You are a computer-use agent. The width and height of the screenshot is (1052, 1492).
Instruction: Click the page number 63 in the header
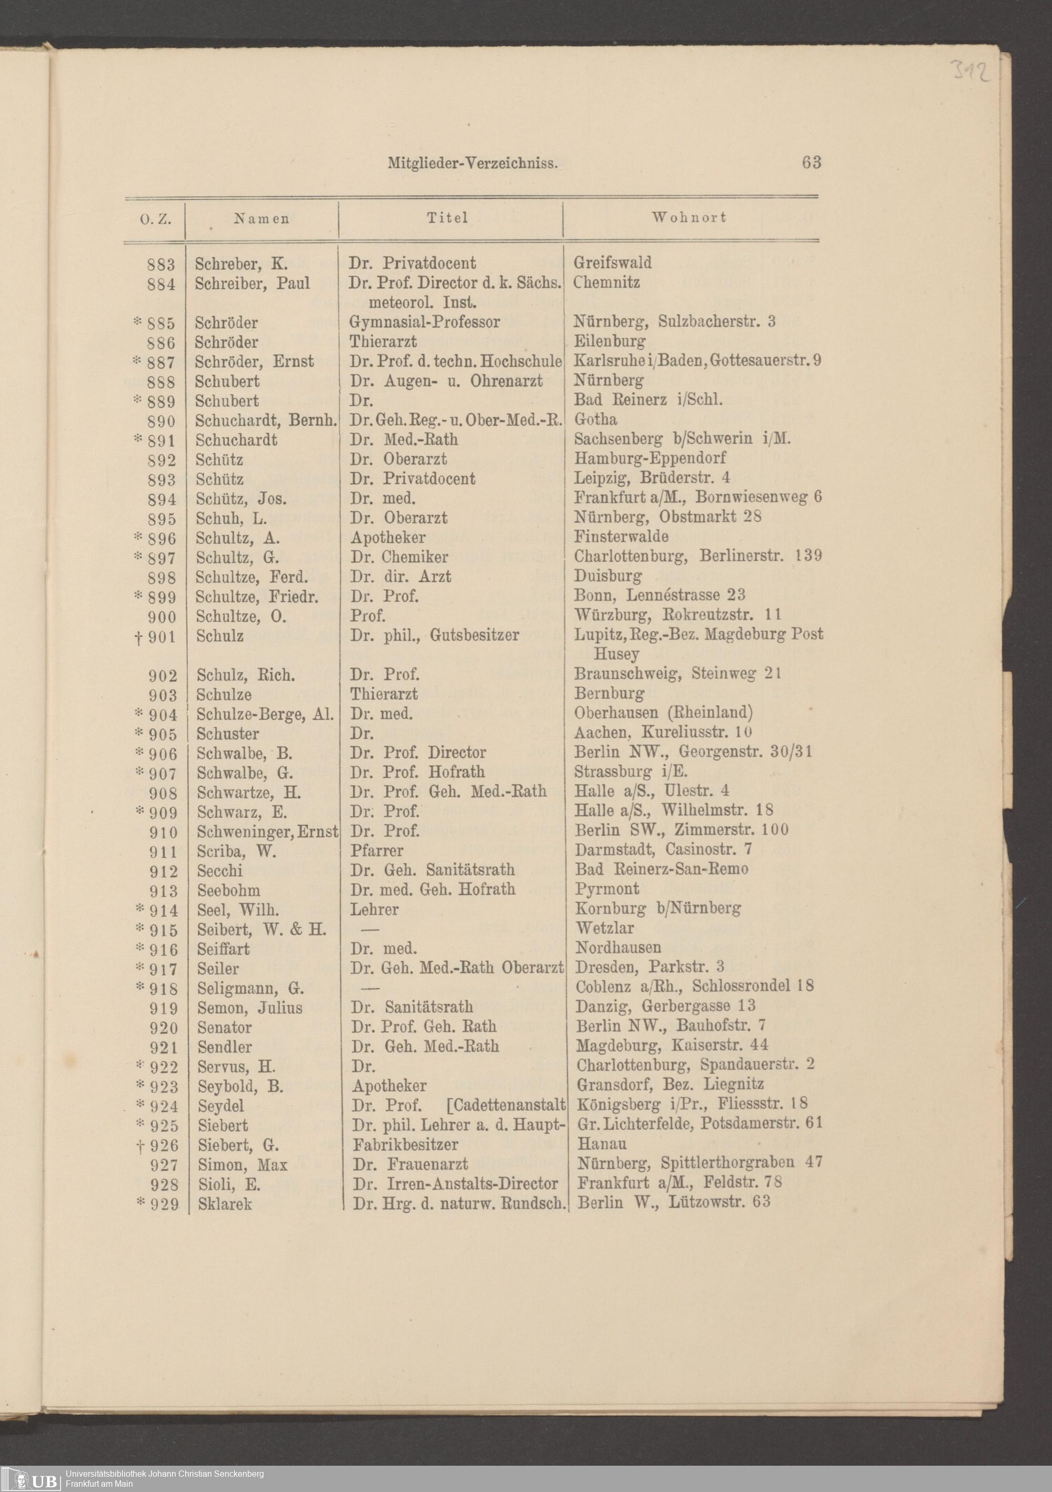(811, 163)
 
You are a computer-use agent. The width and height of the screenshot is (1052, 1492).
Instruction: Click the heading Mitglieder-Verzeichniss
(472, 163)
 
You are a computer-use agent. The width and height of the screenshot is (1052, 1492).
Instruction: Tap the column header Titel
(447, 218)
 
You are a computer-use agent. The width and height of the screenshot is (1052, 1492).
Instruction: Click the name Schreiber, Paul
(252, 283)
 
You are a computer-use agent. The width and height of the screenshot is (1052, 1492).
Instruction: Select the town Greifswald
(612, 263)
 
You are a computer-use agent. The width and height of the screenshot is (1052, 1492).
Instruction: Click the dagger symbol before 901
(138, 637)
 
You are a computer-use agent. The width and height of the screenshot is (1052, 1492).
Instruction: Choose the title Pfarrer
(377, 850)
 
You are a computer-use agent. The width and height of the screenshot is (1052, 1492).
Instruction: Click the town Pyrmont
(607, 889)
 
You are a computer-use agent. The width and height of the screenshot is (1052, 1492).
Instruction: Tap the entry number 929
(164, 1204)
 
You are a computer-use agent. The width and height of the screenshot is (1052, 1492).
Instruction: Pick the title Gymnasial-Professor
(424, 322)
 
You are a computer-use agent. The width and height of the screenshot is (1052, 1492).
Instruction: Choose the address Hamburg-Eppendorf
(650, 459)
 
